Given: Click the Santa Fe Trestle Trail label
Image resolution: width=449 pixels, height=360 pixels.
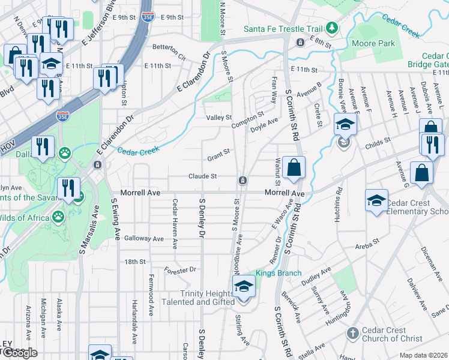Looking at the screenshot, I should [x=282, y=29].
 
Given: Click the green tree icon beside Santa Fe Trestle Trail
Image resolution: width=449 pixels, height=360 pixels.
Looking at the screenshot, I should [x=331, y=28].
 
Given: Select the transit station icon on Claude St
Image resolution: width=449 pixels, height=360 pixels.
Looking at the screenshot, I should [x=243, y=181].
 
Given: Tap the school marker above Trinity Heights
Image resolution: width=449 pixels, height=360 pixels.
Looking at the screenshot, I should [x=244, y=286].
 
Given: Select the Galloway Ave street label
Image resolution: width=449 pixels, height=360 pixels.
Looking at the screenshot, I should [x=144, y=238].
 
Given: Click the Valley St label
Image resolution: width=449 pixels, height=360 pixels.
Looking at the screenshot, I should [x=219, y=118].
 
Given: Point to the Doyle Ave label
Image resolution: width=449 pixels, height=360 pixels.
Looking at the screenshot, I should [x=264, y=121].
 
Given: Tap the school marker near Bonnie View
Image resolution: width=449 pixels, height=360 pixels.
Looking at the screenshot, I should [x=345, y=124].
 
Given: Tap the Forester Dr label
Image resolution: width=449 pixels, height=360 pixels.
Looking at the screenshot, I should [x=180, y=270].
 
